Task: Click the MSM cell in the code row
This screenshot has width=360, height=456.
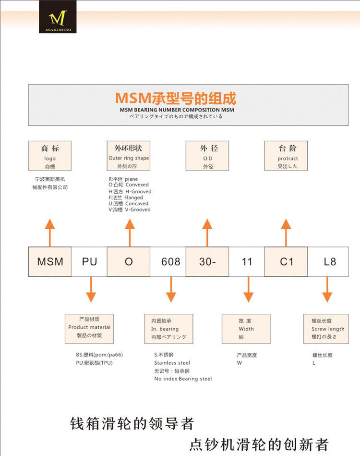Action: point(50,262)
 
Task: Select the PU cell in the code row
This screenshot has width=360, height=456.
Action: point(89,262)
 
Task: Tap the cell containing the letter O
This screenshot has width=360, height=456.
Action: point(129,262)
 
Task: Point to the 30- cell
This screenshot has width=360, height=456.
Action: point(207,262)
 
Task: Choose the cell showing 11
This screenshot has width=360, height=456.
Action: point(247,262)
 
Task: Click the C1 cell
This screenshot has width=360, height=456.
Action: point(286,262)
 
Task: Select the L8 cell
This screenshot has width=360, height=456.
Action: point(330,262)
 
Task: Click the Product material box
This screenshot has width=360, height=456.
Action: point(89,329)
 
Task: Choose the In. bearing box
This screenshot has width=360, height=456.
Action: point(168,329)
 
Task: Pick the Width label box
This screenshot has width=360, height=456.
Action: point(246,329)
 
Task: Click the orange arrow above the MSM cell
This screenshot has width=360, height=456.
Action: point(50,232)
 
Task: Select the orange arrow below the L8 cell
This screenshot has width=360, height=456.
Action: point(327,290)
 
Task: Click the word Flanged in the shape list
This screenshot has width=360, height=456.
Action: point(133,197)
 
